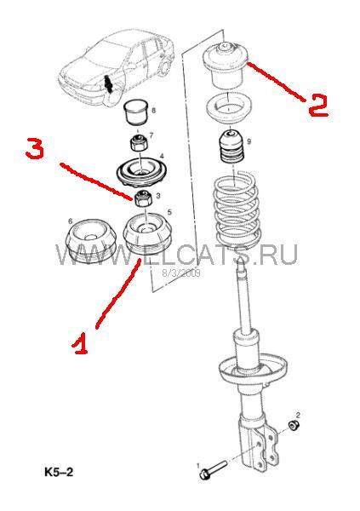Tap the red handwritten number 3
point(35,148)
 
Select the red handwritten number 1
point(80,343)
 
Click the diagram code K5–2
point(59,472)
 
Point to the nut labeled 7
point(140,141)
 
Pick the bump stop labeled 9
point(231,147)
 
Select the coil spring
point(237,214)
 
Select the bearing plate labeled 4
point(142,172)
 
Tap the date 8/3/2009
point(181,273)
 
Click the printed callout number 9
point(249,141)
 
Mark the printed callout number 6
point(71,221)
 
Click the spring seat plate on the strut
point(254,370)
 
